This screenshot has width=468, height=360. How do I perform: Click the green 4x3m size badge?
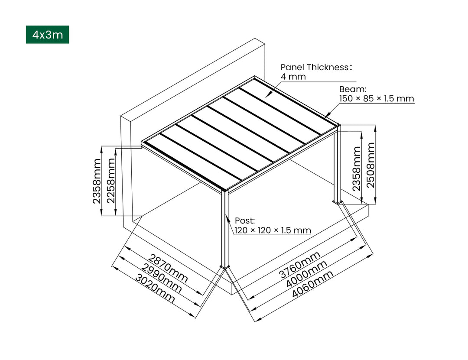pyautogui.click(x=47, y=35)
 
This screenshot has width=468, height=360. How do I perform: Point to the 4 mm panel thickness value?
pyautogui.click(x=293, y=77)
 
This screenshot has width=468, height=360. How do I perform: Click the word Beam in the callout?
pyautogui.click(x=353, y=89)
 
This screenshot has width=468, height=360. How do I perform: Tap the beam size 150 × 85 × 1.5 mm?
pyautogui.click(x=376, y=99)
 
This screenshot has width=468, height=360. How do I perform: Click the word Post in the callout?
pyautogui.click(x=245, y=221)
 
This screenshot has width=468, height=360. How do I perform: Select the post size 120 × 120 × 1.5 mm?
pyautogui.click(x=273, y=230)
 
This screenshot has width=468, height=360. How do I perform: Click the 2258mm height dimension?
pyautogui.click(x=111, y=181)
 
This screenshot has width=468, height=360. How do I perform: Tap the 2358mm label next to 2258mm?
pyautogui.click(x=96, y=181)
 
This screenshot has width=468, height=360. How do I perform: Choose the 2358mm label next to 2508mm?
pyautogui.click(x=356, y=169)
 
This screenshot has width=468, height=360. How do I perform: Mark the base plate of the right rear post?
pyautogui.click(x=338, y=201)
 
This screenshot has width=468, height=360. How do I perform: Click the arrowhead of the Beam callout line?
pyautogui.click(x=325, y=116)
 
